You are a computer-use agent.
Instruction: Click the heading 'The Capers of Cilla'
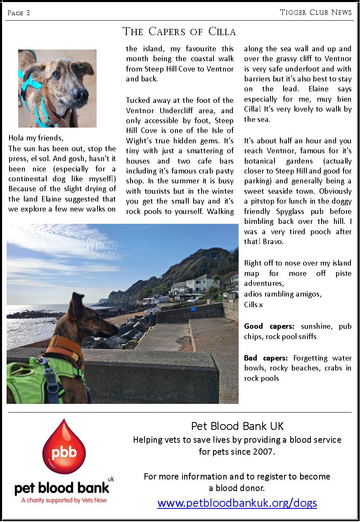[x=179, y=32]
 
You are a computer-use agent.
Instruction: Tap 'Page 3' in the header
[x=19, y=13]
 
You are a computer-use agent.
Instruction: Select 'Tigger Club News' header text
[x=316, y=12]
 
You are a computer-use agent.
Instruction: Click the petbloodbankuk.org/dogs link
[x=237, y=503]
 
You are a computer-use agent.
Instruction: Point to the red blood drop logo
[x=64, y=448]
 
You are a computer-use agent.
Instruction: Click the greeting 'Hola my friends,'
[x=36, y=138]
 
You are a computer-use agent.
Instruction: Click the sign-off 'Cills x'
[x=253, y=305]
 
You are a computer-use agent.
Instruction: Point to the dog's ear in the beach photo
[x=78, y=304]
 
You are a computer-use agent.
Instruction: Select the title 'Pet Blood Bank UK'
[x=237, y=426]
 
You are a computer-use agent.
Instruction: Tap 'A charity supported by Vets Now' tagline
[x=64, y=500]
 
